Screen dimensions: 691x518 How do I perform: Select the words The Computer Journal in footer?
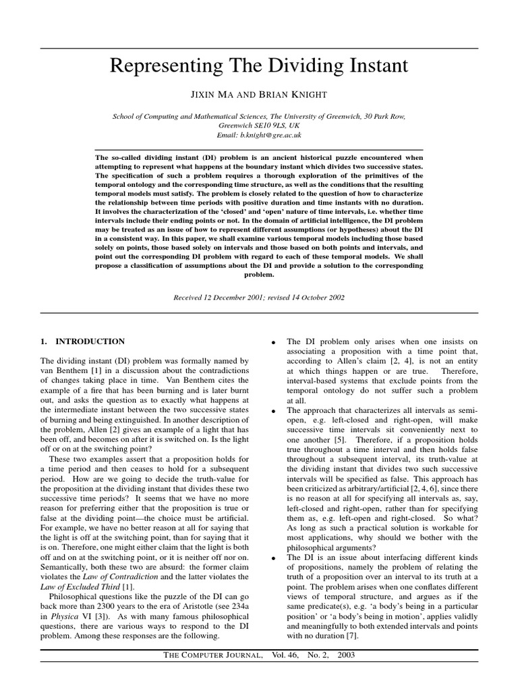pyautogui.click(x=210, y=655)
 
